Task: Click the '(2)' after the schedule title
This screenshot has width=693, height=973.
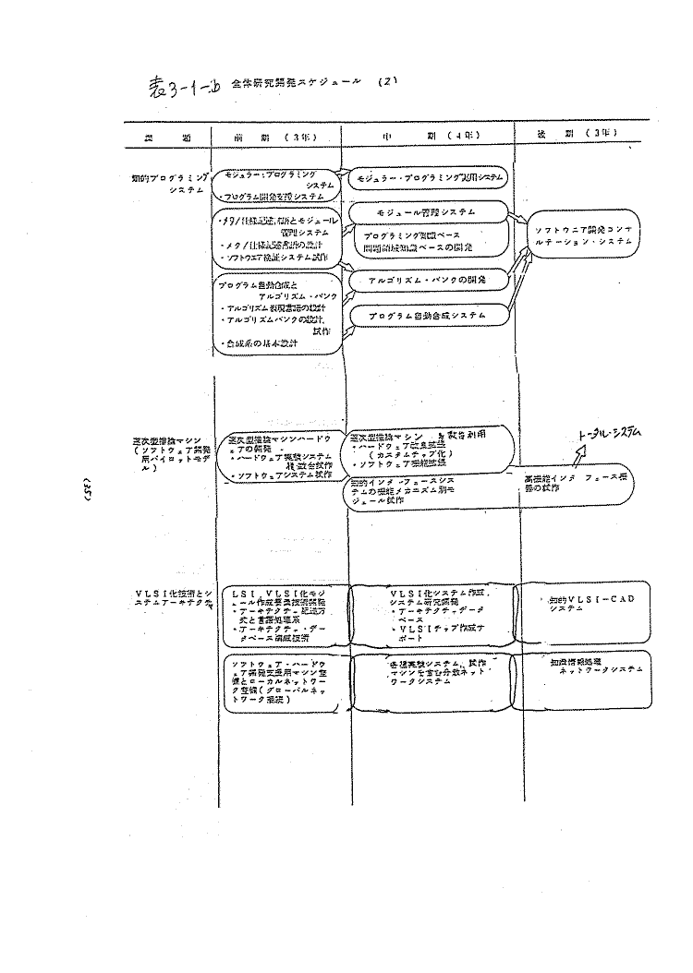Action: point(387,80)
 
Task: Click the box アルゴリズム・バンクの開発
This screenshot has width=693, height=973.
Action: point(426,278)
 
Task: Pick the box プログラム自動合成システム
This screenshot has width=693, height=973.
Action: point(426,316)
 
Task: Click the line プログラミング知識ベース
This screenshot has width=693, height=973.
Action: point(412,235)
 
